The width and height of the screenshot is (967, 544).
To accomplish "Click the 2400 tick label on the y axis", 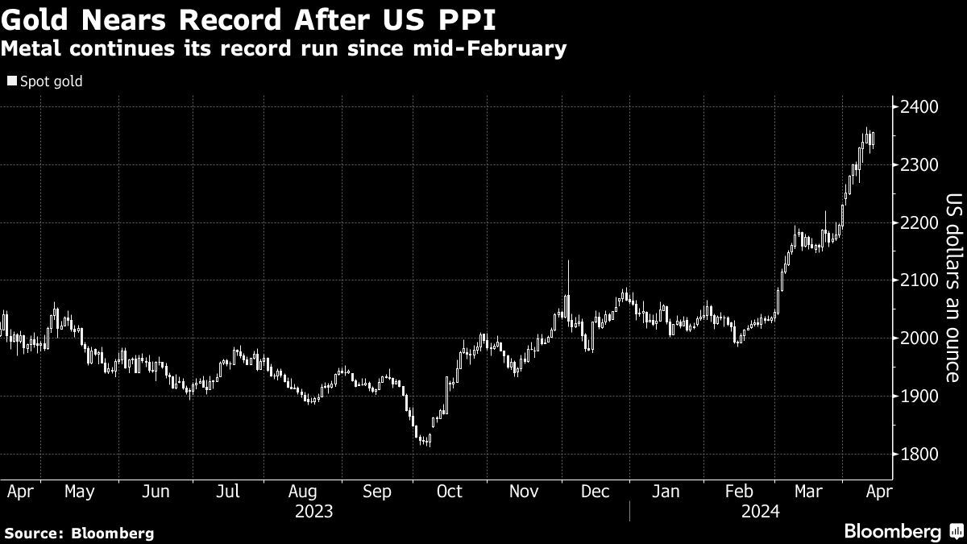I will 919,107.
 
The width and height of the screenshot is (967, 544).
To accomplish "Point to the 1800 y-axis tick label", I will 919,455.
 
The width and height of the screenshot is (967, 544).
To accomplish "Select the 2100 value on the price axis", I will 919,280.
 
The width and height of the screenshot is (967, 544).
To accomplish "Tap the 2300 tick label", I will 919,165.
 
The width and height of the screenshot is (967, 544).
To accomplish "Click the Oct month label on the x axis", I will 450,492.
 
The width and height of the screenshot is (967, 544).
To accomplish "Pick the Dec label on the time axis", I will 595,492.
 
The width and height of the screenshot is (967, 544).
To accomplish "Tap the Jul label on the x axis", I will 230,492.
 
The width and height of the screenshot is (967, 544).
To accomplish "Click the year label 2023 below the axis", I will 315,510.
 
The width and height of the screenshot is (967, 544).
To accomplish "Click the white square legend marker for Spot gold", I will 10,81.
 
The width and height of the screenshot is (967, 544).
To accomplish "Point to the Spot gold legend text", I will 51,81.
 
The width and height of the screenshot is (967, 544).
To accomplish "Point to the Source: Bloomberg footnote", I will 78,533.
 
